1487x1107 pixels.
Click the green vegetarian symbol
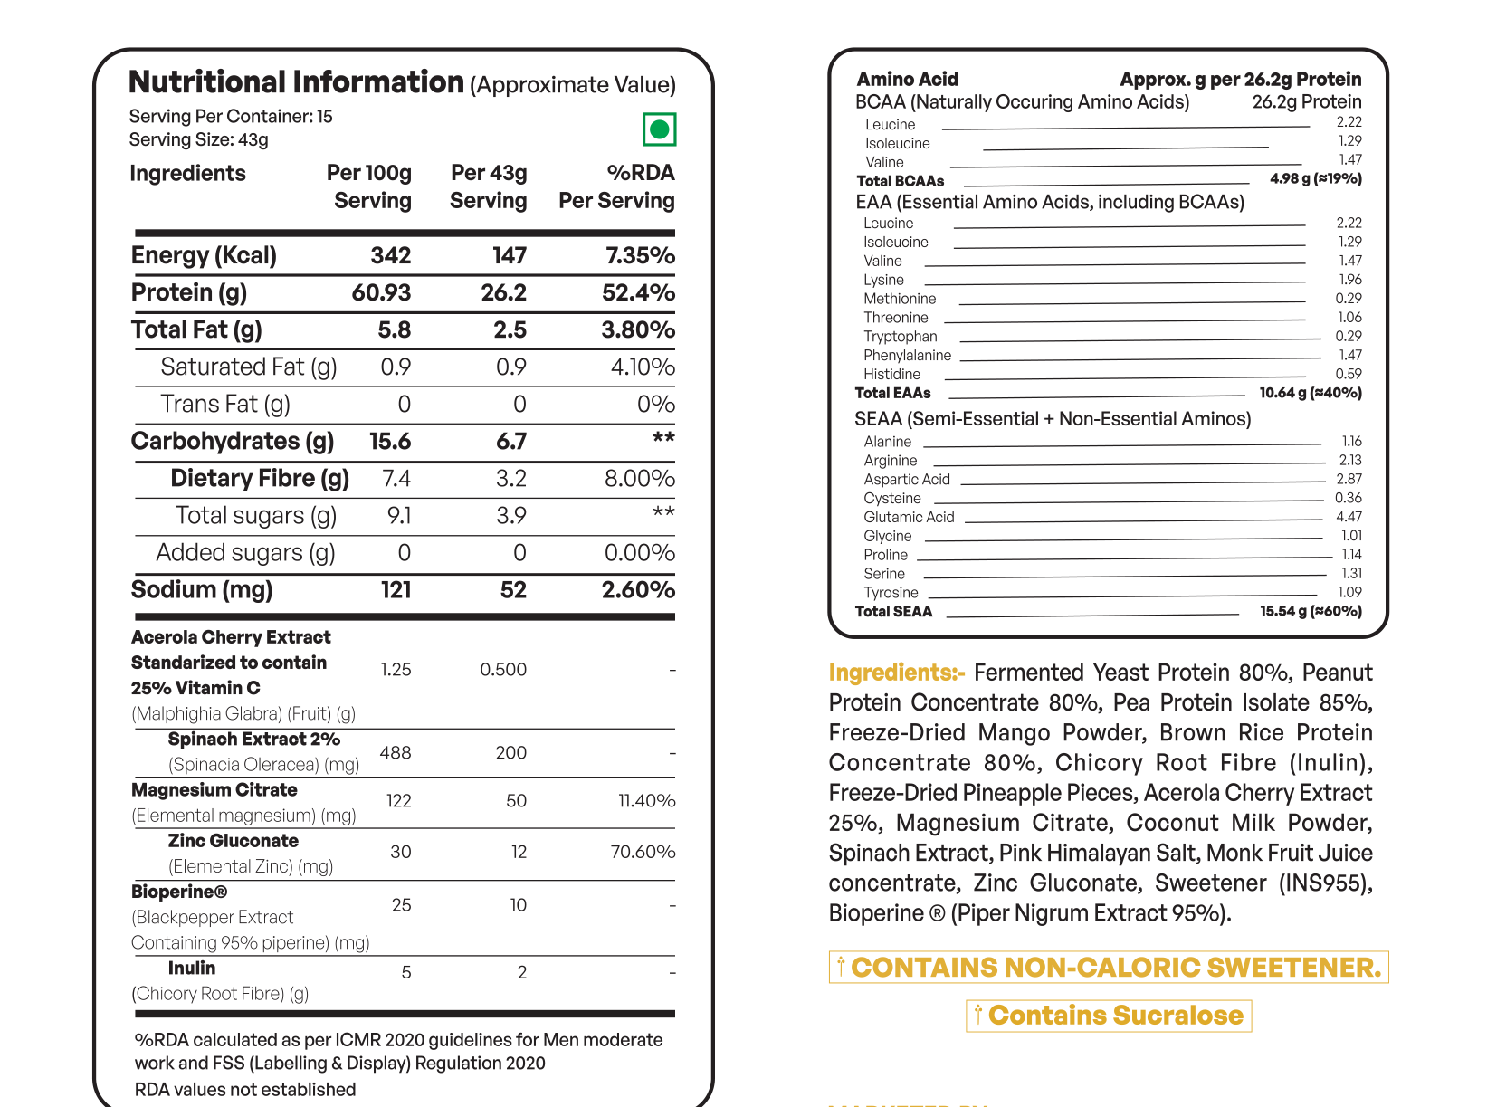click(x=659, y=129)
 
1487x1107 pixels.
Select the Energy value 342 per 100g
click(x=390, y=255)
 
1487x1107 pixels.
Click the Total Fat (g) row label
click(x=196, y=329)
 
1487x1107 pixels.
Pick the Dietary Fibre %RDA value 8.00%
click(x=639, y=478)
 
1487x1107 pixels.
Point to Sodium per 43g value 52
click(x=513, y=590)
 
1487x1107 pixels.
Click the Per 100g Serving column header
click(x=369, y=186)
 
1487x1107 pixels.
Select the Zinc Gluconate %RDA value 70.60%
click(x=643, y=852)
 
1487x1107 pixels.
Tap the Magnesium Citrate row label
click(x=214, y=790)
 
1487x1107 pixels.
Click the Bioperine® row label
click(x=179, y=892)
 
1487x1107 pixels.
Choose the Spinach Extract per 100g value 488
click(x=396, y=752)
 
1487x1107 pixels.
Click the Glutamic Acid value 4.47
click(x=1349, y=517)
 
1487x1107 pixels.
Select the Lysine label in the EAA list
click(x=883, y=280)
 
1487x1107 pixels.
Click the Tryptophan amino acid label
click(x=900, y=337)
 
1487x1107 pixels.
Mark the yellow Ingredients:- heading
click(x=896, y=673)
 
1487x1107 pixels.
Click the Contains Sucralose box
click(x=1109, y=1016)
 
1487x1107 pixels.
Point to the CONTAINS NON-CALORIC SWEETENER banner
click(x=1109, y=968)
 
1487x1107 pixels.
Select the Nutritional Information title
click(x=296, y=82)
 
